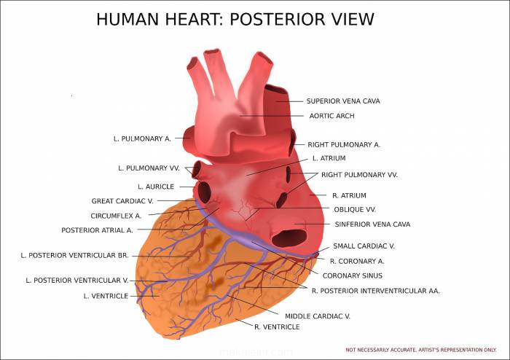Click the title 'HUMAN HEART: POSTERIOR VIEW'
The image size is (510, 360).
click(235, 19)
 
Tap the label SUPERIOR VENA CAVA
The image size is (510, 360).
click(343, 101)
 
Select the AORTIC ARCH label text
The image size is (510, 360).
click(331, 116)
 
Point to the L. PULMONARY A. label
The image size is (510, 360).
click(142, 138)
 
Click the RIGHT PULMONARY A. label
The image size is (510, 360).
click(344, 145)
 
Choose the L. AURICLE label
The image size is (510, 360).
click(156, 187)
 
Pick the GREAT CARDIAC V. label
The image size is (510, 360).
click(122, 201)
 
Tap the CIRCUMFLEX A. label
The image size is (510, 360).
click(116, 216)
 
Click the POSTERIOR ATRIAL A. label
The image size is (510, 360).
click(97, 230)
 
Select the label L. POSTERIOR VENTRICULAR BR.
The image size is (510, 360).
click(75, 256)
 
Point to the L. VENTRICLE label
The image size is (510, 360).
click(106, 296)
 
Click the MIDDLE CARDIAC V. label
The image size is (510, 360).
click(318, 316)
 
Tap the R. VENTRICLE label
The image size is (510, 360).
click(277, 326)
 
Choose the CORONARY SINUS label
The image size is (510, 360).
click(352, 275)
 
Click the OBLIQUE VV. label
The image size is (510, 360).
click(355, 210)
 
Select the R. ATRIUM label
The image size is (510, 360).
click(349, 195)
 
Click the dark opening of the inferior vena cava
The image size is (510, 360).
click(289, 238)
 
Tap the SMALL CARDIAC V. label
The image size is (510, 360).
click(364, 246)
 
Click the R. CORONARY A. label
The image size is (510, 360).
click(357, 261)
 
